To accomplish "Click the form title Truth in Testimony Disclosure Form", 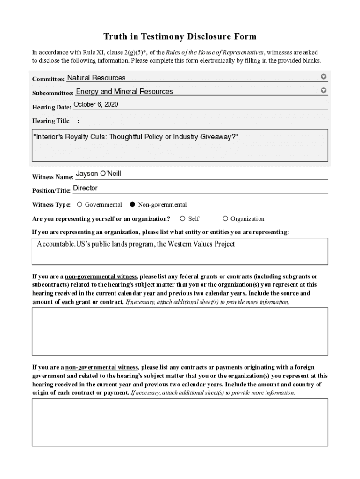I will pos(180,37).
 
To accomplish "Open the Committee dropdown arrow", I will pos(324,77).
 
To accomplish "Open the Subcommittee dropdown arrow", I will pos(324,90).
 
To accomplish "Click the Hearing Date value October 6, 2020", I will pos(96,104).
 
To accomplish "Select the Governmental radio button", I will pos(80,204).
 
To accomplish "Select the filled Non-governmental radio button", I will pos(132,204).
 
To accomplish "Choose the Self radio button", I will pos(183,218).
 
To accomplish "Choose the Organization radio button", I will pos(225,218).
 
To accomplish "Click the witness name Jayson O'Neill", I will pos(98,174).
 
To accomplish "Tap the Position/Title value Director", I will pos(86,188).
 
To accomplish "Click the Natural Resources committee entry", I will pos(96,78).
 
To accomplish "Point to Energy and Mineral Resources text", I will pos(124,92).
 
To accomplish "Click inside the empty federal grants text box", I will pos(180,331).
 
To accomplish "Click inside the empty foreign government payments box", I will pos(180,422).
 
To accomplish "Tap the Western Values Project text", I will pos(196,244).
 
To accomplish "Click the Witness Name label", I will pos(52,177).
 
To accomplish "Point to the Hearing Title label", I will pos(50,121).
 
